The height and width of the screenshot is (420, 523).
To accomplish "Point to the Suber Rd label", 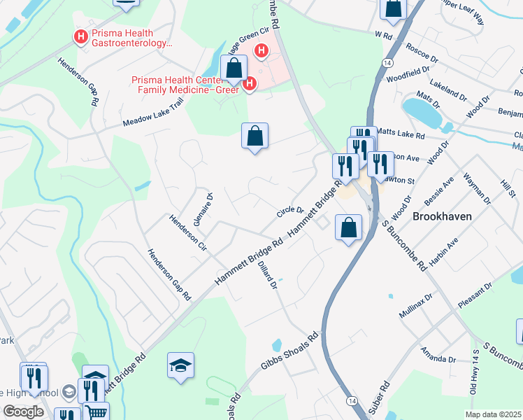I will (x=382, y=395).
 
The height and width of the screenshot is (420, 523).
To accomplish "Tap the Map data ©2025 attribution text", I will (x=493, y=414).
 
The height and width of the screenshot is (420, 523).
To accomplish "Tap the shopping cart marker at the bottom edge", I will (x=96, y=412).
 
